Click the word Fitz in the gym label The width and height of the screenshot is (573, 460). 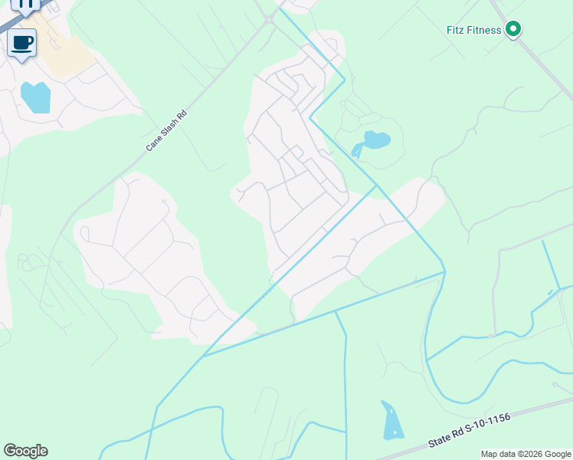click(x=457, y=31)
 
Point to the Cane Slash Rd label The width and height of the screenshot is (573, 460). click(x=167, y=130)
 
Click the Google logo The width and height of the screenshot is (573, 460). click(x=25, y=451)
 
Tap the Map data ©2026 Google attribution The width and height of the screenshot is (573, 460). click(x=525, y=454)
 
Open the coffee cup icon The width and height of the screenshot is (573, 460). click(x=22, y=42)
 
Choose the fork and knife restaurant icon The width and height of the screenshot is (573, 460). click(x=25, y=4)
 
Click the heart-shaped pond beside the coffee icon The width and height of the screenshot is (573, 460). click(x=36, y=97)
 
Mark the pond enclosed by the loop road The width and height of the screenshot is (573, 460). click(x=375, y=141)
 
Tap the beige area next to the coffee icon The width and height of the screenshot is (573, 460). click(x=65, y=54)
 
